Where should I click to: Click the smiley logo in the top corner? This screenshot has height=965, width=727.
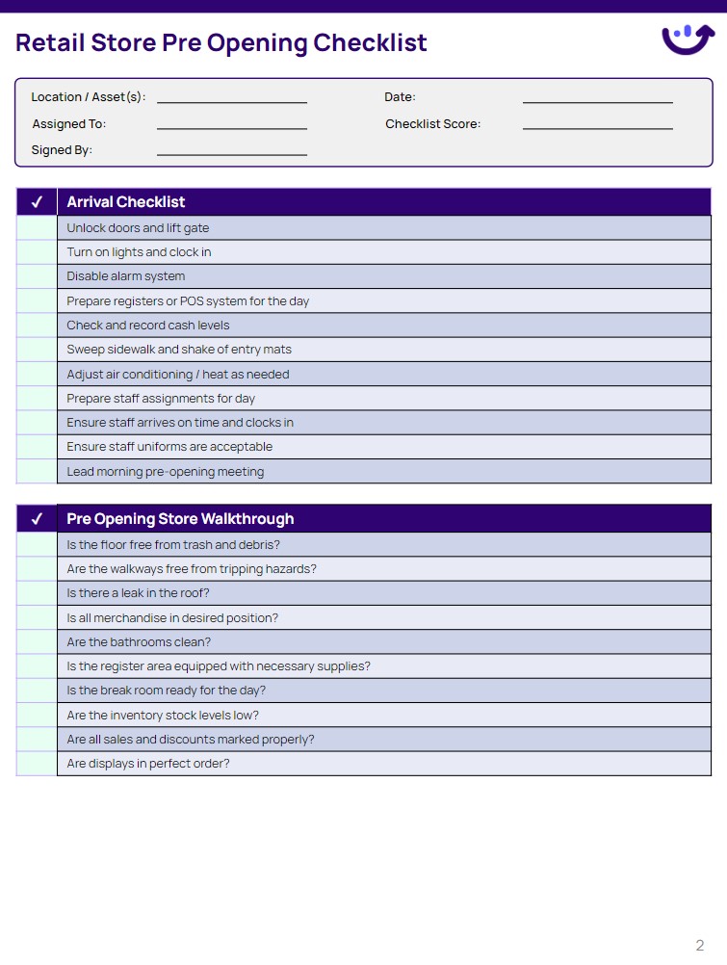point(688,39)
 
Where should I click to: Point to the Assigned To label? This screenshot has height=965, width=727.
point(69,124)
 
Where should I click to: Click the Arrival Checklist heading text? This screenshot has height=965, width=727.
point(126,202)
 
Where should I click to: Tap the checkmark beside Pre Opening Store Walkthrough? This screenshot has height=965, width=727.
point(37,519)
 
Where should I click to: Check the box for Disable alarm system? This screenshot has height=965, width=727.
point(37,276)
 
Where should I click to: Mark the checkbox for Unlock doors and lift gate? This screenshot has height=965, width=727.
point(37,228)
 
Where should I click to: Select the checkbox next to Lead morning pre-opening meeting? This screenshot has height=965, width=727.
point(37,472)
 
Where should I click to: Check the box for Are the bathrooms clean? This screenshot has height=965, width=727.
point(37,642)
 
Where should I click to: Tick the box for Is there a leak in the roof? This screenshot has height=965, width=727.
point(37,593)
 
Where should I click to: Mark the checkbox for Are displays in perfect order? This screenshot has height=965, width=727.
point(37,764)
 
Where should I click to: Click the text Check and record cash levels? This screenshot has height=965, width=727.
point(148,326)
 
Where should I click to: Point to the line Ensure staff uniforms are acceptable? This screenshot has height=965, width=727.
point(169,447)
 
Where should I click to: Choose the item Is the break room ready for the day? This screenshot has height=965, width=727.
point(167,691)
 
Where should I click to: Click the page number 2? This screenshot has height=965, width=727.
point(700,945)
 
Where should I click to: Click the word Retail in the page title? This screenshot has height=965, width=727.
point(49,43)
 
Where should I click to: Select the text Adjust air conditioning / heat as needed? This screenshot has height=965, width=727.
point(178,375)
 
